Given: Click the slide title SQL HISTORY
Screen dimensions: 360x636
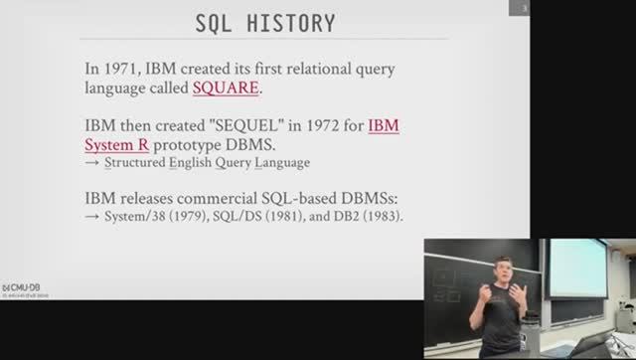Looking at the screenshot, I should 263,21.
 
